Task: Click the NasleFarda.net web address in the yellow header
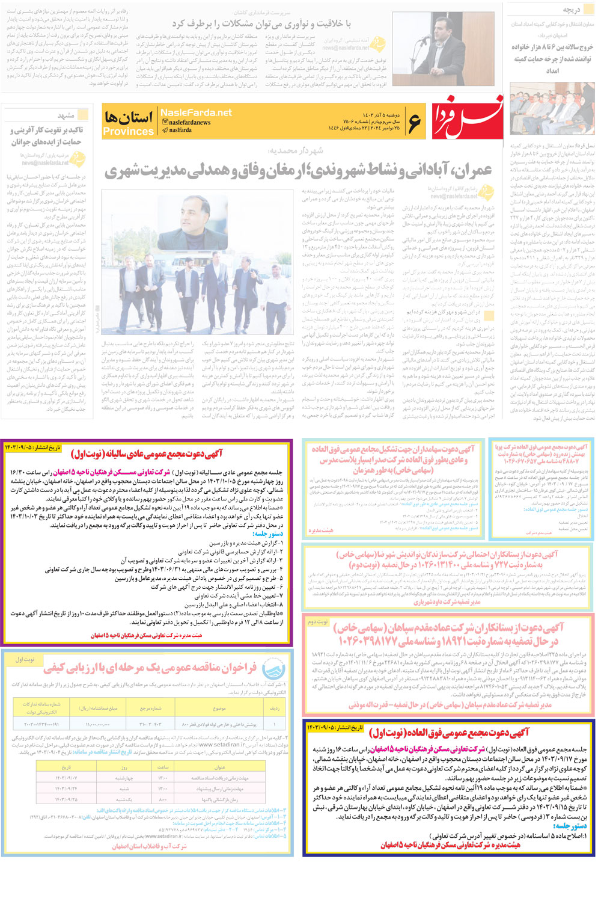tap(196, 112)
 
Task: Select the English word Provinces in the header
tap(128, 131)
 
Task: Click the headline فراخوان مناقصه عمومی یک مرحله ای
tap(150, 668)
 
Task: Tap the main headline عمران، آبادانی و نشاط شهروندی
tap(299, 171)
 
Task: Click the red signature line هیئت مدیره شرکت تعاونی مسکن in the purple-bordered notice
tap(147, 635)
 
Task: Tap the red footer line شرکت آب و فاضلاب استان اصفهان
tap(150, 846)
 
